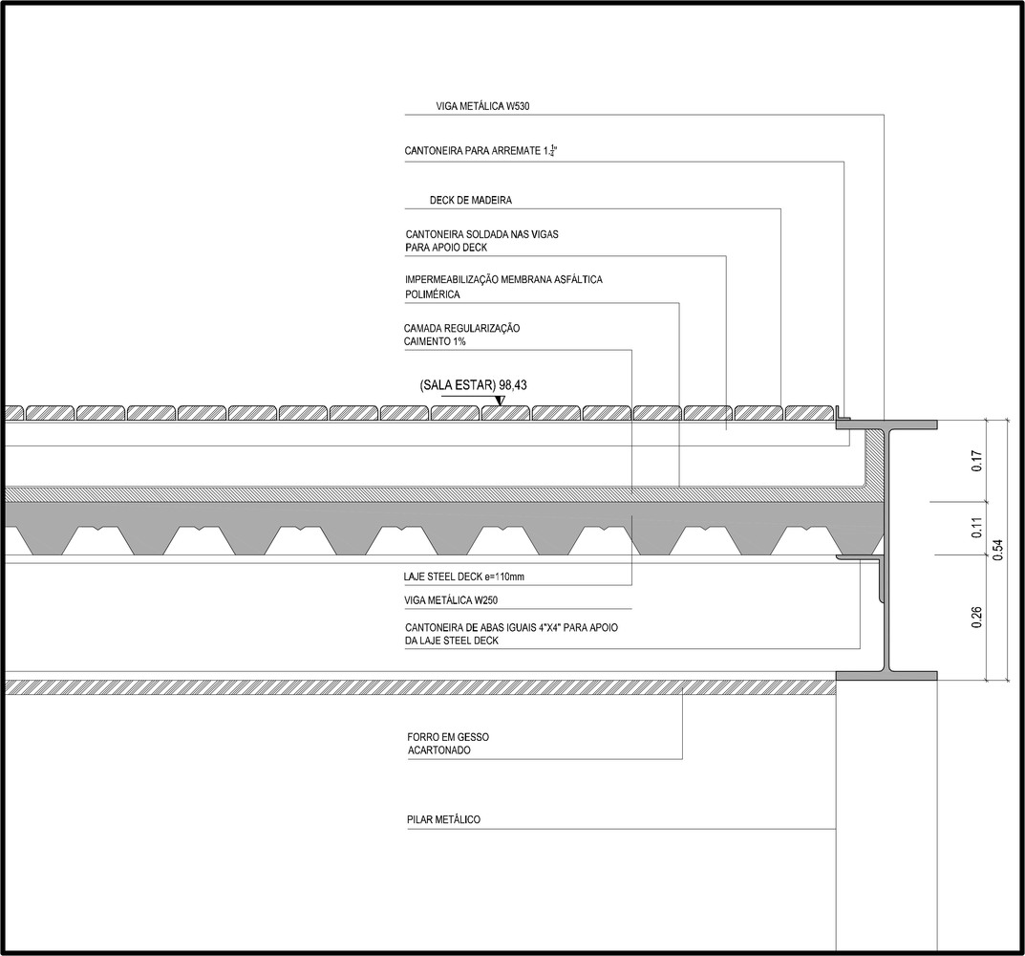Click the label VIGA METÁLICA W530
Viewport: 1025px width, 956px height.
482,106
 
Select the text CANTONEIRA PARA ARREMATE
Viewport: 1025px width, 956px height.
473,151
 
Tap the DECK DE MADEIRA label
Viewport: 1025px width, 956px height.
471,200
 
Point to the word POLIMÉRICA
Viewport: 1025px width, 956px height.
433,294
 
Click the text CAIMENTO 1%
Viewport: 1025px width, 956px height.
435,341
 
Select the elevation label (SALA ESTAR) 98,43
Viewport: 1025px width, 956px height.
473,385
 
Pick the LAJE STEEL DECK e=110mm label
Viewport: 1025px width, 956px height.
464,577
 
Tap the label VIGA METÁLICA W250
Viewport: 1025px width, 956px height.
452,600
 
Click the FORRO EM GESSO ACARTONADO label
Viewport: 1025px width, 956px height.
448,744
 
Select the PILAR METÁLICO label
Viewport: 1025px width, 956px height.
443,819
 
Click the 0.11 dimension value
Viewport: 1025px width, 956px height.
976,528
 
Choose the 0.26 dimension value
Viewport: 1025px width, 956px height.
976,618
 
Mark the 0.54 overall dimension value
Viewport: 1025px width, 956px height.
997,550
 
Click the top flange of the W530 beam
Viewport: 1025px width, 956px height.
887,424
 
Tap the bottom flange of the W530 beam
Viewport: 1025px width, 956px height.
887,676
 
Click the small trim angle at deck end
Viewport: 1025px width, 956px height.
842,414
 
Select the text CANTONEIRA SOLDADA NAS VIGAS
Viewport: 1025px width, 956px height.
481,234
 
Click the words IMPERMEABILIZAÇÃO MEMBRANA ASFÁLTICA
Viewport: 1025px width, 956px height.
503,279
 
